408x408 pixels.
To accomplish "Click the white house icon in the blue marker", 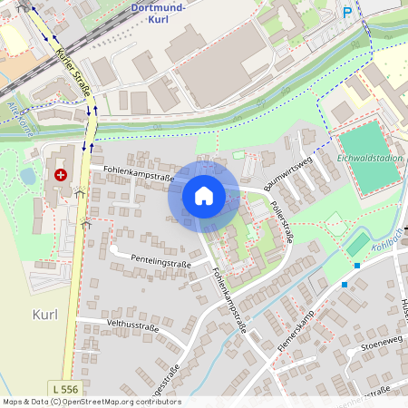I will [203, 195].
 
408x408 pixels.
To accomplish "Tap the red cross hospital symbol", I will [61, 174].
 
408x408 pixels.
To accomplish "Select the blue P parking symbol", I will [346, 12].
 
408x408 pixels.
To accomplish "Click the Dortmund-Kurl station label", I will [160, 13].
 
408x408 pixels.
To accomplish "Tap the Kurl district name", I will [44, 314].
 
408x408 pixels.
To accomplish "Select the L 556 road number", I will [64, 389].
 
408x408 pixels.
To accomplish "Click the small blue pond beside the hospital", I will [28, 176].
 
